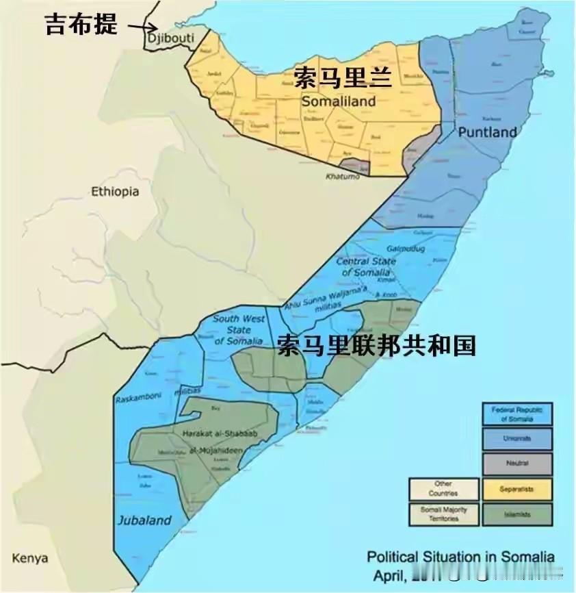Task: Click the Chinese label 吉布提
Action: [x=81, y=25]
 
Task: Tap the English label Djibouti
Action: [x=170, y=38]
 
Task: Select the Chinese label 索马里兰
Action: [x=343, y=77]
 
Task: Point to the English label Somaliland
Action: [x=339, y=101]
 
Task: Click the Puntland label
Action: [x=486, y=132]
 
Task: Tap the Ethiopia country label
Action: [x=115, y=192]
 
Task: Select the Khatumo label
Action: [x=341, y=177]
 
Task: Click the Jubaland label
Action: [x=144, y=520]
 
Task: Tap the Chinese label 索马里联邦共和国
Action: [x=376, y=346]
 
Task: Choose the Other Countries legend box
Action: [x=443, y=488]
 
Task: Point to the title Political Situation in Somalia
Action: [x=460, y=556]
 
